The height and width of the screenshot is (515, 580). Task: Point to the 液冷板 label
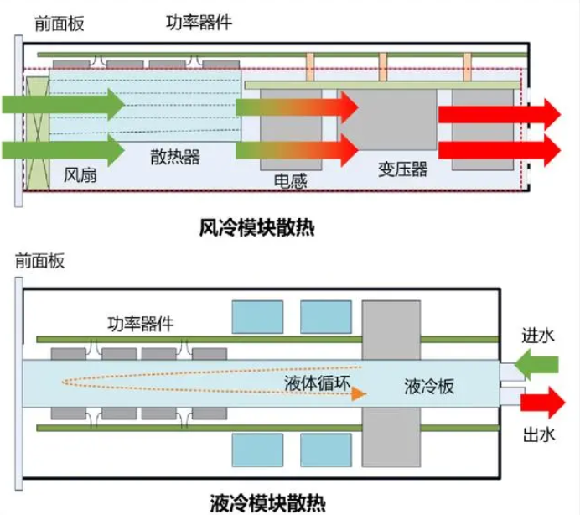pyautogui.click(x=428, y=387)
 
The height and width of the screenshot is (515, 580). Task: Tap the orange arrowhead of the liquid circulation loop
pyautogui.click(x=360, y=392)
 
